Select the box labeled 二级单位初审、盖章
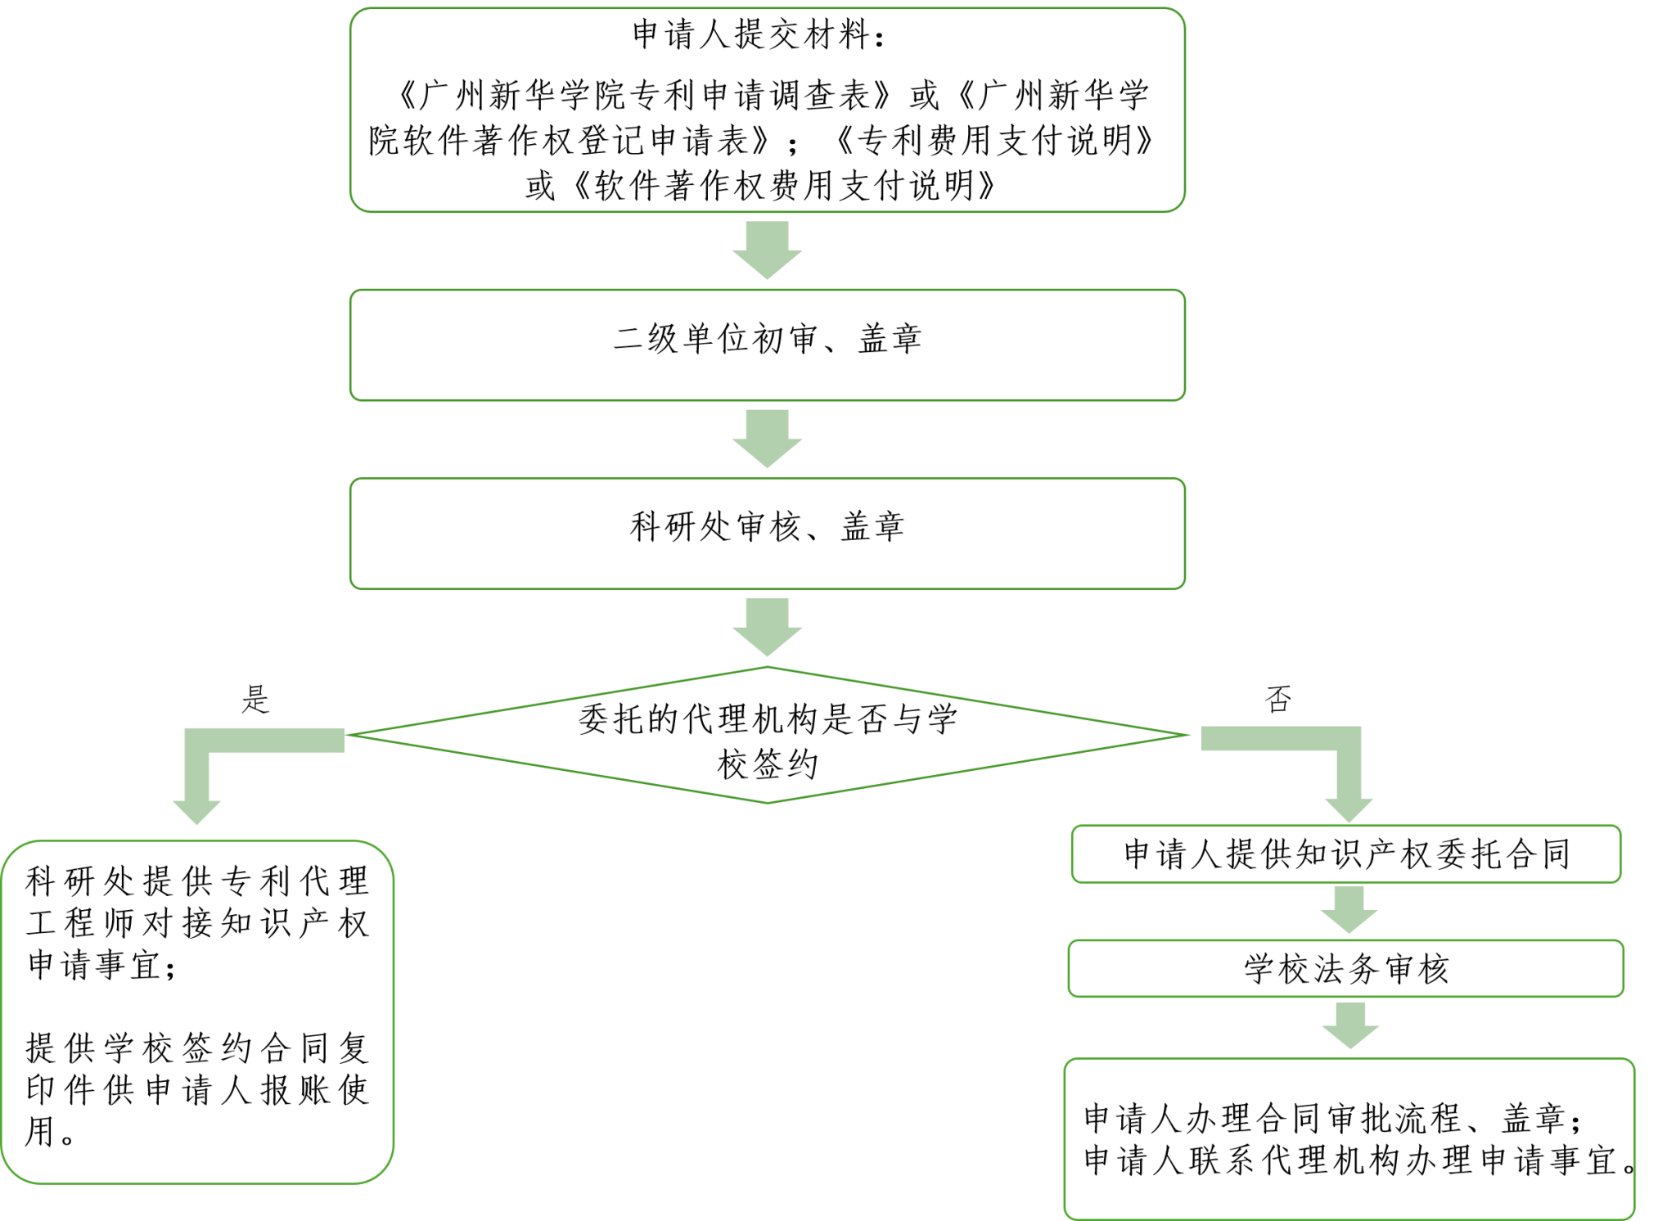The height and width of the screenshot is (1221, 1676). coord(767,345)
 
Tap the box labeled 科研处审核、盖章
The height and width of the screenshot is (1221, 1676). coord(767,533)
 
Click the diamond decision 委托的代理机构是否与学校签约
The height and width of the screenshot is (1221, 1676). coord(767,735)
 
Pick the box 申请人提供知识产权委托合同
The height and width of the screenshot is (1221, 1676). coord(1345,854)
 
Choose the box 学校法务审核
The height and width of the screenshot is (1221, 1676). coord(1345,969)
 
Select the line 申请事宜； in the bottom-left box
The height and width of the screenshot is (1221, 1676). coord(101,966)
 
